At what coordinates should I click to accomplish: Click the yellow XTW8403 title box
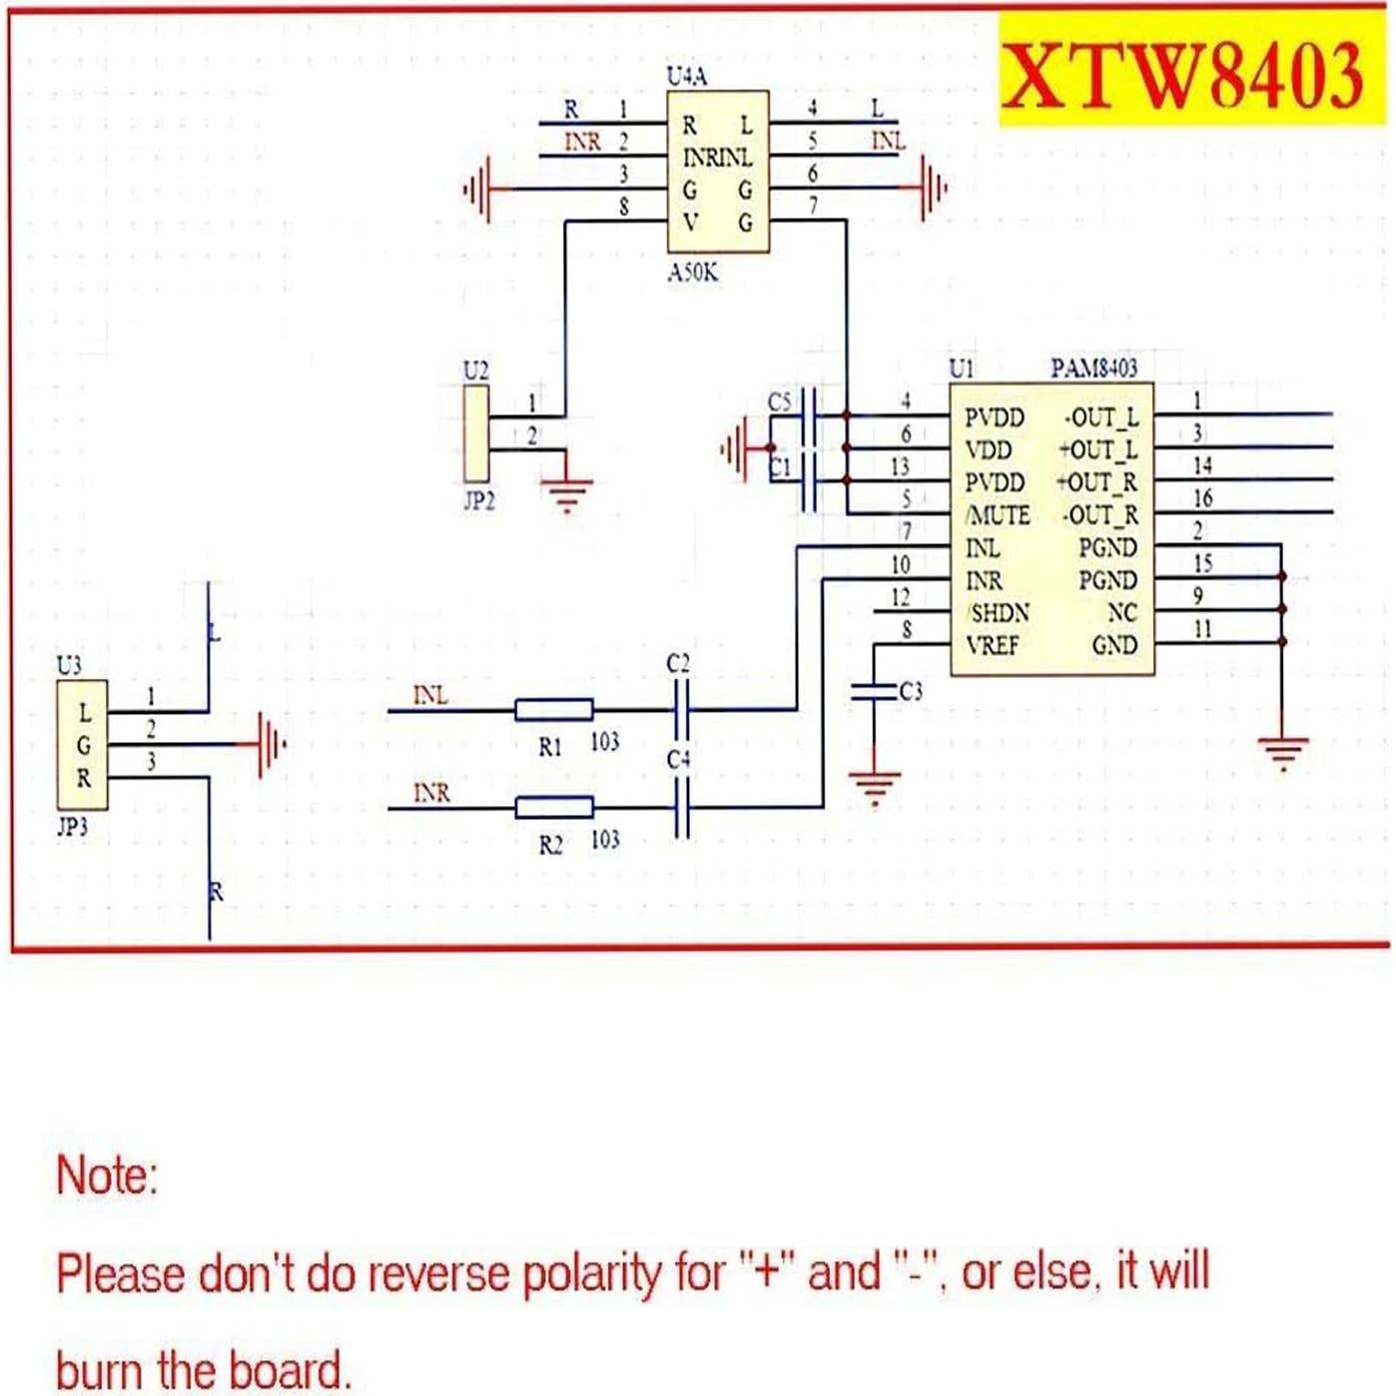pyautogui.click(x=1184, y=71)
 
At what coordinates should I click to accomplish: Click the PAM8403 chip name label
pyautogui.click(x=1093, y=368)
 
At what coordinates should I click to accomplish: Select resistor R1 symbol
pyautogui.click(x=553, y=710)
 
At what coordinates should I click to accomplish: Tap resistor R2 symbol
pyautogui.click(x=553, y=807)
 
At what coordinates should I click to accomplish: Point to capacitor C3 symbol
pyautogui.click(x=874, y=691)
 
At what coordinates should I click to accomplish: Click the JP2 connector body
pyautogui.click(x=476, y=433)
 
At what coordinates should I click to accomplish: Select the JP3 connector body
pyautogui.click(x=83, y=745)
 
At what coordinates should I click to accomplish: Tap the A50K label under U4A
pyautogui.click(x=693, y=273)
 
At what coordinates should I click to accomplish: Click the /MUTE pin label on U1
pyautogui.click(x=998, y=515)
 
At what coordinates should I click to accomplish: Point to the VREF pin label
pyautogui.click(x=993, y=645)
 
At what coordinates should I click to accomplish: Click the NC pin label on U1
pyautogui.click(x=1121, y=612)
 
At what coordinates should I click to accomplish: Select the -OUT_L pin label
pyautogui.click(x=1100, y=417)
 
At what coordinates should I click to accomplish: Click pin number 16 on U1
pyautogui.click(x=1202, y=497)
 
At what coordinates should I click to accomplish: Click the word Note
pyautogui.click(x=107, y=1175)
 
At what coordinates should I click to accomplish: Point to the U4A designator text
pyautogui.click(x=687, y=76)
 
